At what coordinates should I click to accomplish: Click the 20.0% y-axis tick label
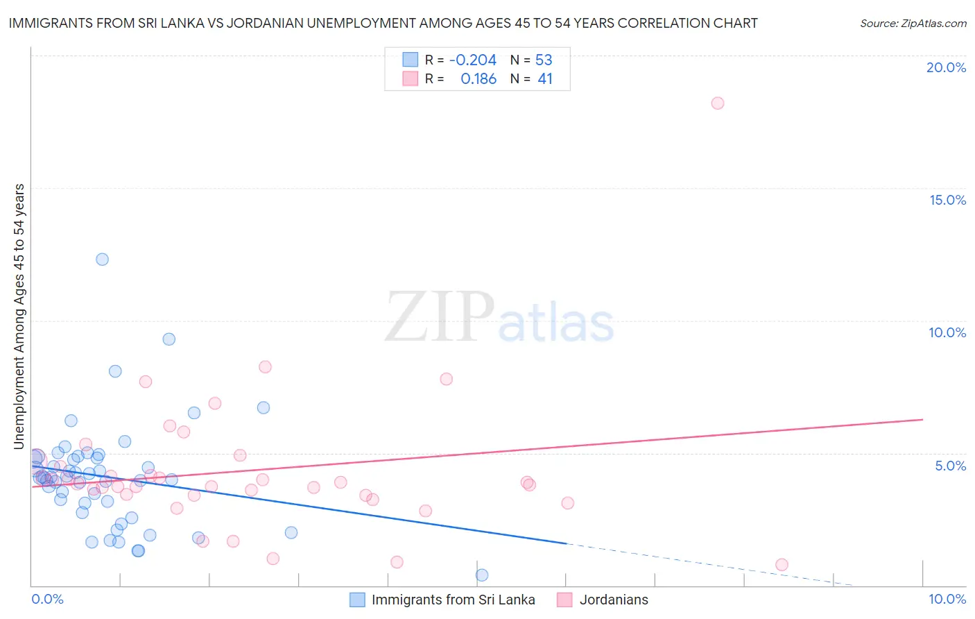click(946, 67)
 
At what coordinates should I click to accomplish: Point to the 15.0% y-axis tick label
click(947, 200)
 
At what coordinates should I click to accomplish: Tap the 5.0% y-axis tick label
click(950, 466)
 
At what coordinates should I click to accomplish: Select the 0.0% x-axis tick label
click(47, 599)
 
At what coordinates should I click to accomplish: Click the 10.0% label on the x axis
click(947, 599)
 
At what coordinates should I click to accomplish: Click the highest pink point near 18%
click(718, 103)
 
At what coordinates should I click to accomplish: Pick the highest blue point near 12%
click(102, 260)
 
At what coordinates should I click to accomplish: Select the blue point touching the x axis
click(482, 575)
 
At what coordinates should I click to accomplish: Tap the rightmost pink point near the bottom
click(782, 565)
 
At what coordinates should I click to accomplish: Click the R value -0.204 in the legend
click(473, 60)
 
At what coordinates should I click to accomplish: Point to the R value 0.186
click(478, 79)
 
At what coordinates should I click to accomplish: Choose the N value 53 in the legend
click(544, 60)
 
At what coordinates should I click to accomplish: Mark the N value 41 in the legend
click(545, 79)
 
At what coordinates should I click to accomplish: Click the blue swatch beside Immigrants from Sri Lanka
click(357, 600)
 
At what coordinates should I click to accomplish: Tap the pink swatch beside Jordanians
click(565, 600)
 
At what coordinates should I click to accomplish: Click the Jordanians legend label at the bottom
click(614, 600)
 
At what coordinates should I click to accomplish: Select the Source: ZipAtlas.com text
click(913, 24)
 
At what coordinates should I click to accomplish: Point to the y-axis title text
click(19, 316)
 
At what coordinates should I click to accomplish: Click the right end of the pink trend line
click(923, 419)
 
